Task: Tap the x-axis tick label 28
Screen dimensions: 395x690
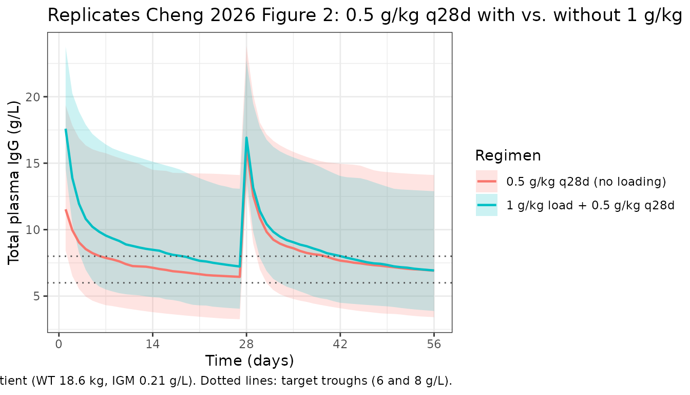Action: pyautogui.click(x=246, y=345)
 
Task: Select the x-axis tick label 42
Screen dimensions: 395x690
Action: pyautogui.click(x=340, y=345)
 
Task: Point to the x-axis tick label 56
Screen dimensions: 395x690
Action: pyautogui.click(x=434, y=345)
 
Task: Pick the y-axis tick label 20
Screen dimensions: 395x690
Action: pyautogui.click(x=34, y=97)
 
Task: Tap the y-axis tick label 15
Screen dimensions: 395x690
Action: pyautogui.click(x=34, y=164)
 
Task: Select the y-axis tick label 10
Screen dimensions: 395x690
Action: pyautogui.click(x=34, y=230)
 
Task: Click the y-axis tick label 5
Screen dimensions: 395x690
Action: pyautogui.click(x=37, y=296)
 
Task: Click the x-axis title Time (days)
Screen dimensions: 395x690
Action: pyautogui.click(x=250, y=361)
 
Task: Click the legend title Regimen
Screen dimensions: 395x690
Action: pyautogui.click(x=508, y=155)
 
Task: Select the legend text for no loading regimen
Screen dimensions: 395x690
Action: pyautogui.click(x=586, y=182)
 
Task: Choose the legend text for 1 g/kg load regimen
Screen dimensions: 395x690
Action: pyautogui.click(x=590, y=206)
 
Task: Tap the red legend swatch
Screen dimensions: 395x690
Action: pyautogui.click(x=487, y=182)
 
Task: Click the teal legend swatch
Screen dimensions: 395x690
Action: pyautogui.click(x=487, y=206)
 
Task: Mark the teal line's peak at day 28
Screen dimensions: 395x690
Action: pyautogui.click(x=247, y=137)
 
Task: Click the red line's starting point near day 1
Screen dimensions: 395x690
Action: pyautogui.click(x=66, y=210)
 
